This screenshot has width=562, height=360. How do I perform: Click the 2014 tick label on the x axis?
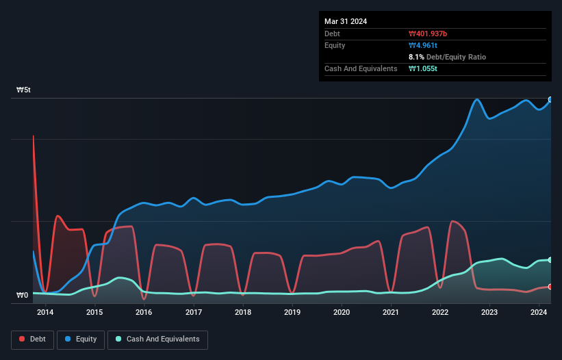[x=45, y=313]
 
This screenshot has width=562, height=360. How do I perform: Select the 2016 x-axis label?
[x=144, y=313]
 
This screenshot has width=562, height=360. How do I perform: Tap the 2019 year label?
[x=292, y=313]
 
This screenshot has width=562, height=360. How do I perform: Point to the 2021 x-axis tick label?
[x=391, y=313]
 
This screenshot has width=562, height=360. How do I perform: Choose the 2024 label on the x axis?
[x=539, y=313]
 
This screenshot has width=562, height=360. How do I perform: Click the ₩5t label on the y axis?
[x=23, y=90]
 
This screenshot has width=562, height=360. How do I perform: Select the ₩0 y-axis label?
[x=23, y=296]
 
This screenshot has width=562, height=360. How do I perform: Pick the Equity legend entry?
[x=81, y=339]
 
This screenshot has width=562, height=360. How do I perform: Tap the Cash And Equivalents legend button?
[x=157, y=339]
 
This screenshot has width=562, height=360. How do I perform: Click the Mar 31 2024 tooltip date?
[x=346, y=21]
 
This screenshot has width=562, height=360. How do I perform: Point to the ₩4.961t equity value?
[x=422, y=45]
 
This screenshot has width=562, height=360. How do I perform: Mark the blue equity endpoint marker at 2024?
[x=550, y=99]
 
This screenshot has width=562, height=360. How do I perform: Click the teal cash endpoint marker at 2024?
[x=550, y=260]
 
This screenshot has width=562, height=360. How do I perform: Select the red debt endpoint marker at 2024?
[x=550, y=287]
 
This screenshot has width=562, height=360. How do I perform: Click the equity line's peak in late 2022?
[x=477, y=100]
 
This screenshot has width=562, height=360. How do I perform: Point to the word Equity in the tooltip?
[x=336, y=45]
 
